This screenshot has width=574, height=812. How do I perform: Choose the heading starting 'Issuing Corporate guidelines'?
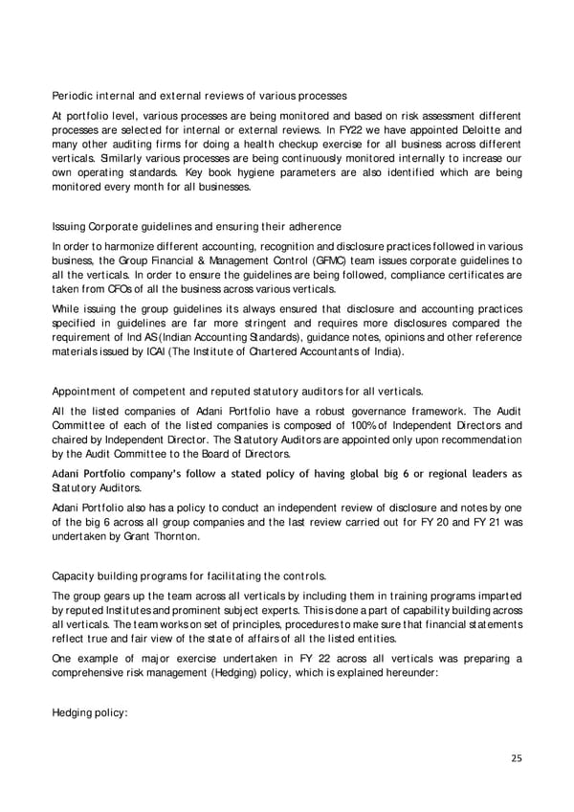point(196,226)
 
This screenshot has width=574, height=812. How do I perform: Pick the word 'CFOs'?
point(120,289)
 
